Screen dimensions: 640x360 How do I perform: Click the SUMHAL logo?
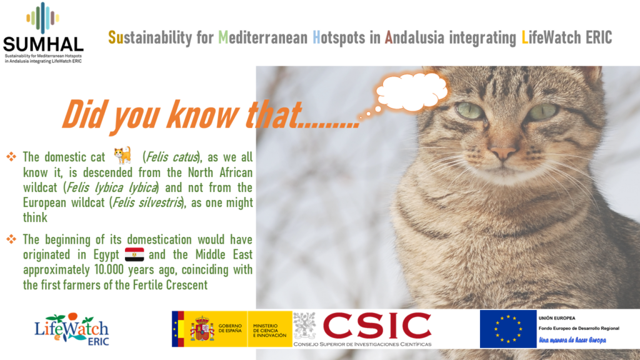tap(43, 32)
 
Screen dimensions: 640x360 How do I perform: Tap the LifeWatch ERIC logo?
tap(72, 329)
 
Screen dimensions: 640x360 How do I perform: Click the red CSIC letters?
tap(377, 326)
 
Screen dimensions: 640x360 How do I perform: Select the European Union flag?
tap(508, 329)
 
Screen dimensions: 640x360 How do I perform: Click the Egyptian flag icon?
tap(134, 254)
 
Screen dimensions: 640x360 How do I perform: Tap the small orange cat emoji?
tap(123, 156)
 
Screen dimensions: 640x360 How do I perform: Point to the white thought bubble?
tap(411, 91)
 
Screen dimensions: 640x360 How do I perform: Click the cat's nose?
tap(503, 152)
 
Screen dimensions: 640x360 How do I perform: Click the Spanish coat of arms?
tap(202, 328)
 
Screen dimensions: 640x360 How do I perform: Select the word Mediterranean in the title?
tap(263, 37)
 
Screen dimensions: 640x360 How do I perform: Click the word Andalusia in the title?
tap(414, 37)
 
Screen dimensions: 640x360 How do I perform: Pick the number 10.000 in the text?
tap(109, 269)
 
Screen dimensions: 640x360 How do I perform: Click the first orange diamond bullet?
tap(11, 156)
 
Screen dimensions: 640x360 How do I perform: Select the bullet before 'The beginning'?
tap(11, 239)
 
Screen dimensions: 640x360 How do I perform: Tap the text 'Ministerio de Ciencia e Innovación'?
tap(270, 331)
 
